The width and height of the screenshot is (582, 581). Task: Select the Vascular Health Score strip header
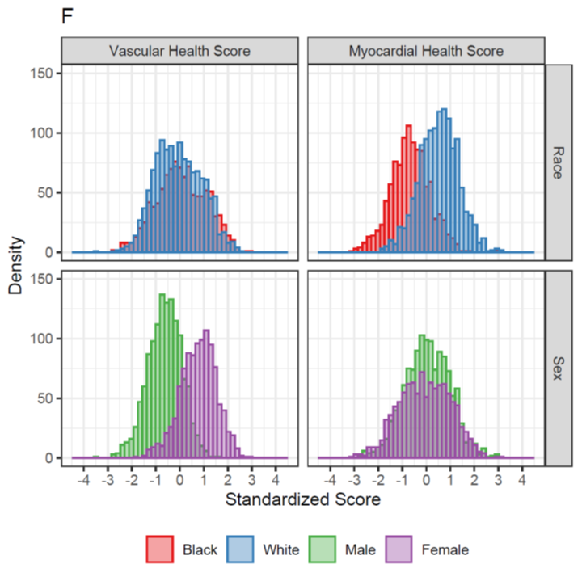pyautogui.click(x=179, y=51)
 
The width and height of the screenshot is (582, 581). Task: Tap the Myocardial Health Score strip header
pyautogui.click(x=426, y=51)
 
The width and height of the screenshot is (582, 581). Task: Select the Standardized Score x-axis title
pyautogui.click(x=302, y=499)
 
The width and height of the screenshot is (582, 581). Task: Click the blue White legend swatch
pyautogui.click(x=242, y=549)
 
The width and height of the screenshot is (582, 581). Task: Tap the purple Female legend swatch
pyautogui.click(x=399, y=549)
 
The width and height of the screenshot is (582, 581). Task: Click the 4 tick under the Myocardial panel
pyautogui.click(x=521, y=478)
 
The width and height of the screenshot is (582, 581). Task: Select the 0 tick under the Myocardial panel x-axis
pyautogui.click(x=426, y=478)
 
